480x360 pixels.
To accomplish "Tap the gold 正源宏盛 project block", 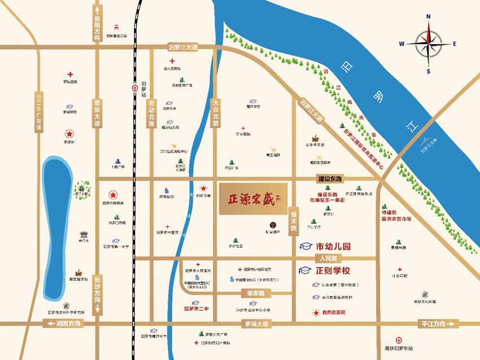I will pos(254,199).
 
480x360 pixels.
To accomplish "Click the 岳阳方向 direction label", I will pos(98,25).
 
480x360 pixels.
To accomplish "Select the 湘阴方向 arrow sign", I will pos(62,323).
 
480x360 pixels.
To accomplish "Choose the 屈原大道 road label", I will pos(97,113).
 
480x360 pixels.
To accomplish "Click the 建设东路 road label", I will pos(330,179).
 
